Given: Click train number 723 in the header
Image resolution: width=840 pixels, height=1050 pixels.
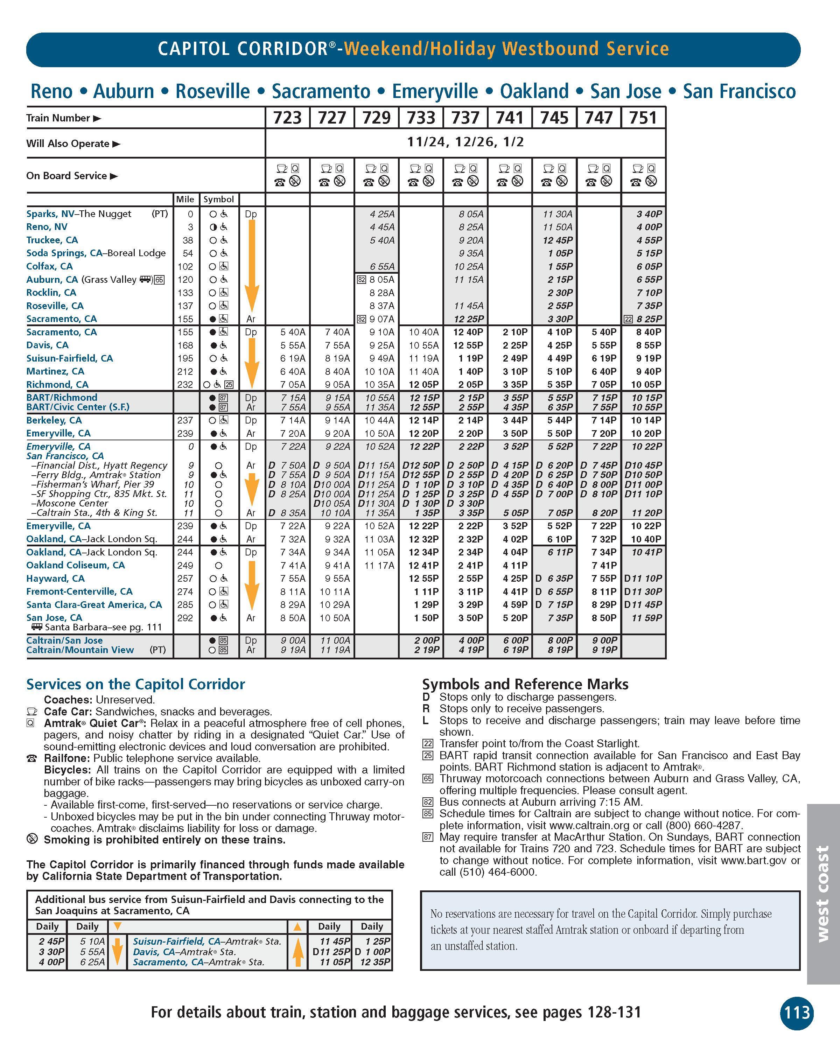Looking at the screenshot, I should [x=287, y=118].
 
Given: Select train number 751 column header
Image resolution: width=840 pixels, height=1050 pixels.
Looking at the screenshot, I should [x=643, y=118].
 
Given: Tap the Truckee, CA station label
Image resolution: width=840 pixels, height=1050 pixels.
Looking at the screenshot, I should [x=52, y=240].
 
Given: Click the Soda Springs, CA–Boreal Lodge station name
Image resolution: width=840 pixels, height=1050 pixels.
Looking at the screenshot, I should [x=96, y=253].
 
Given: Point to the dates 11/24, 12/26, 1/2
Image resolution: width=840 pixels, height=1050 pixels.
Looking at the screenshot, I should [x=465, y=142].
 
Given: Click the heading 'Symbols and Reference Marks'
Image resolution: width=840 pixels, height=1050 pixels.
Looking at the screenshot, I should [x=525, y=684].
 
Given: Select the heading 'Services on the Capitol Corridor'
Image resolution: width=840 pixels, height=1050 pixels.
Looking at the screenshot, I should [x=135, y=684].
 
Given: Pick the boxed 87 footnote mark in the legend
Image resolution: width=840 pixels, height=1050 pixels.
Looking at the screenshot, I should [x=428, y=838].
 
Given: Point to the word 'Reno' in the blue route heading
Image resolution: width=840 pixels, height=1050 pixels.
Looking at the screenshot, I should [x=51, y=92].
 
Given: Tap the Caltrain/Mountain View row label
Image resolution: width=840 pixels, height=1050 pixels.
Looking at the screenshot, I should [x=80, y=650].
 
